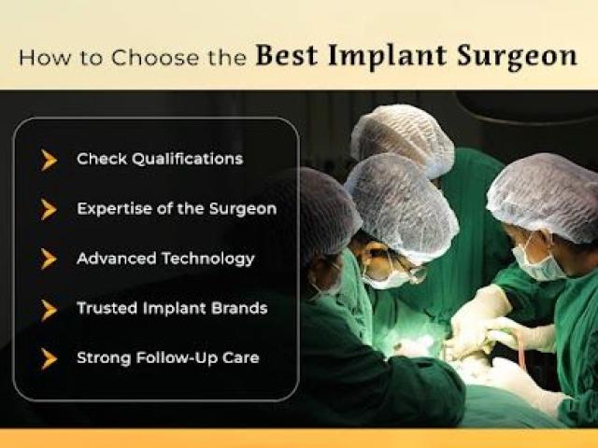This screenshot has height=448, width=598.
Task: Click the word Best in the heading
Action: coord(287,56)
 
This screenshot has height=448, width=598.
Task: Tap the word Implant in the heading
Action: coord(387,57)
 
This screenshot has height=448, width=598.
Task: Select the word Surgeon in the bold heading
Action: coord(517,57)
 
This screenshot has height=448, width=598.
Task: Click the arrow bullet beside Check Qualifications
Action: coord(49,160)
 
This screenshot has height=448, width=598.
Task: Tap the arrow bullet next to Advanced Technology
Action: coord(49,259)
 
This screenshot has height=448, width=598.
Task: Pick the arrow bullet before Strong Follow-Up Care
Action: coord(49,358)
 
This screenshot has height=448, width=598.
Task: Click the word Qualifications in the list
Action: coord(187,160)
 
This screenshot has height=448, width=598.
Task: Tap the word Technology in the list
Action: coord(208,259)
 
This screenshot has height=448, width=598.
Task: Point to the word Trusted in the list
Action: coord(107,308)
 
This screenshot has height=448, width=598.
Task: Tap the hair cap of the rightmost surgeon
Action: coord(544,197)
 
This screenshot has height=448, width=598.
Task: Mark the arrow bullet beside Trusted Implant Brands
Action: coord(49,309)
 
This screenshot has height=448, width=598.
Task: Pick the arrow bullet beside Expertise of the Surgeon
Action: coord(49,209)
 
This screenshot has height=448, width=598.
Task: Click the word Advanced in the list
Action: coord(117,259)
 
